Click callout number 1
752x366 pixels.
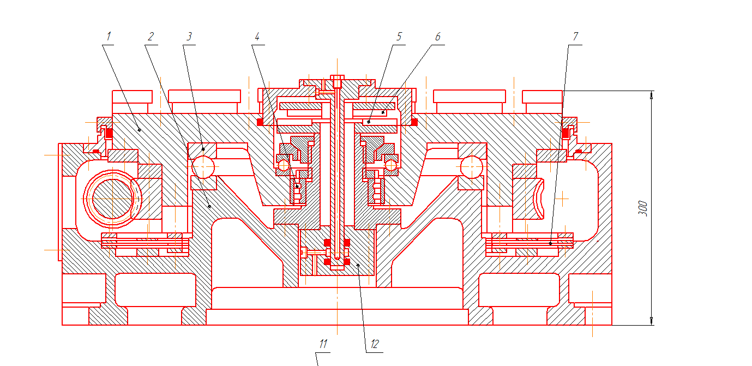(x=109, y=37)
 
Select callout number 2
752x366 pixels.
(x=151, y=37)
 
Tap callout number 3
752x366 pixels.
(x=189, y=37)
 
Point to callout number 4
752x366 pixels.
(x=257, y=37)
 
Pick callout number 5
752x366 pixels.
(x=399, y=37)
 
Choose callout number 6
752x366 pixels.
(x=437, y=37)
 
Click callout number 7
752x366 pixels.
(x=575, y=37)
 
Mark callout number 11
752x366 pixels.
(x=323, y=344)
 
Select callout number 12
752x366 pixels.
(x=374, y=344)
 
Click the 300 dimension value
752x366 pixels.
(x=643, y=208)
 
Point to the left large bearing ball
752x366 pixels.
(x=203, y=166)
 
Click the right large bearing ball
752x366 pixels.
(x=472, y=166)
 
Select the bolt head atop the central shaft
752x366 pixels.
(x=338, y=77)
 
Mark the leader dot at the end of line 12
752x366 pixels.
(x=357, y=266)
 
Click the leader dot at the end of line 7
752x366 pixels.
(x=550, y=243)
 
